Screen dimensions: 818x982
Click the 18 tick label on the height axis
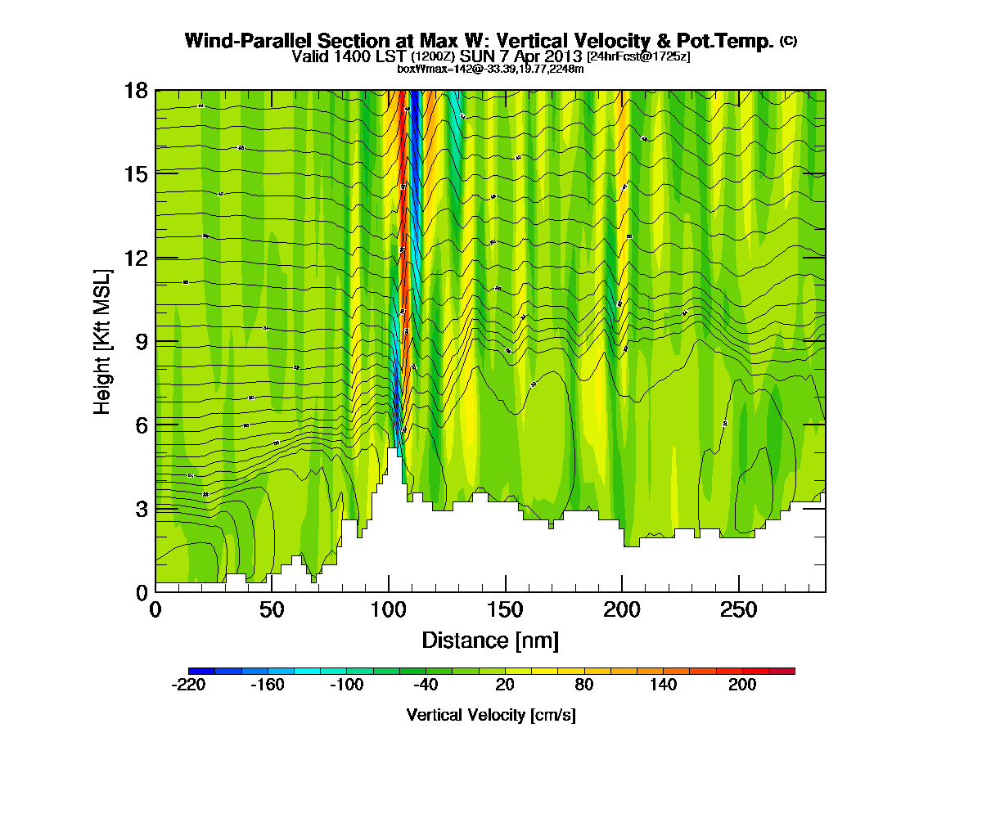(136, 90)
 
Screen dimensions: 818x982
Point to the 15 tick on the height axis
(136, 173)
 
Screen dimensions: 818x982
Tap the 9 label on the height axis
(141, 341)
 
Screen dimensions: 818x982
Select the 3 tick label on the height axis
(141, 508)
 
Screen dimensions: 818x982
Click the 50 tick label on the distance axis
(272, 609)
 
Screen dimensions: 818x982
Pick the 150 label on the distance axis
(506, 609)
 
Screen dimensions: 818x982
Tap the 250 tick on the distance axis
(739, 609)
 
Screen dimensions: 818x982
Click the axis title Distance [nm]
(490, 640)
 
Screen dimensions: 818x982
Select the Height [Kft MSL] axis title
(102, 339)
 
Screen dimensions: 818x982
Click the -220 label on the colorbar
(188, 685)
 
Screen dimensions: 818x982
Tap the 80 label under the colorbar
(584, 685)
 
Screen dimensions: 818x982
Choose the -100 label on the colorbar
(346, 685)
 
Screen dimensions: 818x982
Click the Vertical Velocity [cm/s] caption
(491, 715)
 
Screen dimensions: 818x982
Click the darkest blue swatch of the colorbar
(195, 671)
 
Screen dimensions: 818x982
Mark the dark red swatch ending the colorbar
(788, 671)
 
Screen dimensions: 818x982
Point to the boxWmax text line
(490, 69)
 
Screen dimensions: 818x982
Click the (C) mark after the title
(788, 40)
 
